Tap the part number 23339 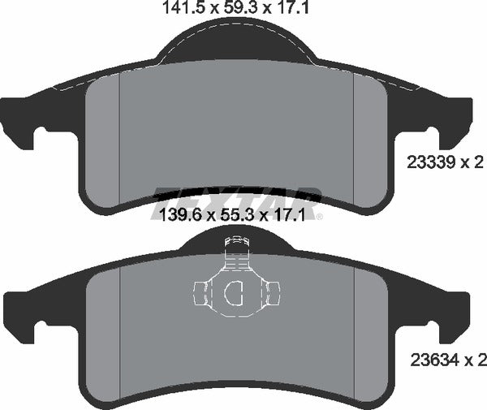pyautogui.click(x=427, y=163)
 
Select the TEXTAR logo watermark pyautogui.click(x=237, y=197)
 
